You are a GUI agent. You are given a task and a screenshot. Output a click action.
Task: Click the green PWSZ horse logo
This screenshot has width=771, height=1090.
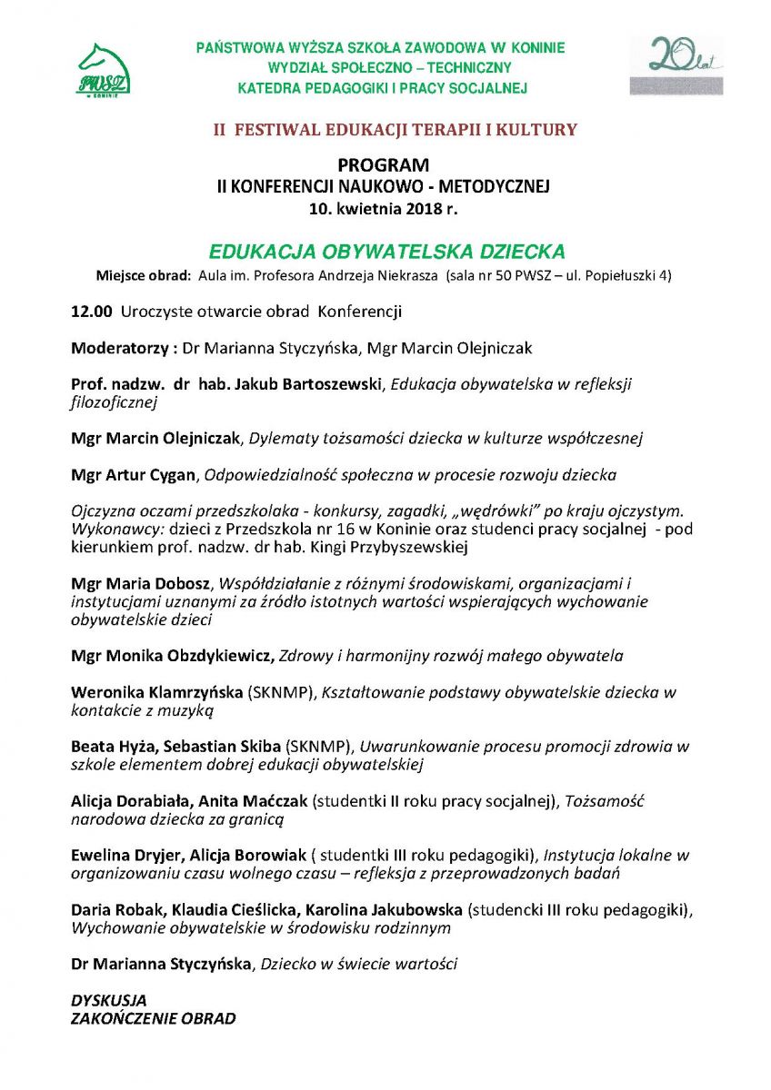[x=103, y=69]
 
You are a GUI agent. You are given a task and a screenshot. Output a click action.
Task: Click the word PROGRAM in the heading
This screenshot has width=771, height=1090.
[x=383, y=165]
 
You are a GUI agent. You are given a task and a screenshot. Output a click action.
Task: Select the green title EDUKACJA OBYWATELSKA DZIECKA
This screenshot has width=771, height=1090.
[x=387, y=251]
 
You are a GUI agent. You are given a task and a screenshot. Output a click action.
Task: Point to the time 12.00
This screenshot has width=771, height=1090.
[x=91, y=312]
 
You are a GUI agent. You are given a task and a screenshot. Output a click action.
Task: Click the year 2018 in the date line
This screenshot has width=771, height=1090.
[x=417, y=207]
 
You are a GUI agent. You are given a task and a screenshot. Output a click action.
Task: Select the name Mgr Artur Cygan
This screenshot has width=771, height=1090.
[x=134, y=474]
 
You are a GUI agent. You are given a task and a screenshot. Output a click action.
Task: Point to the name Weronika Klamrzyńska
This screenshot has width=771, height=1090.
[x=157, y=692]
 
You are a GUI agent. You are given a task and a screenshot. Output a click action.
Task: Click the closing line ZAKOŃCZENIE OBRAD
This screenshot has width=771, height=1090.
[x=153, y=1018]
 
